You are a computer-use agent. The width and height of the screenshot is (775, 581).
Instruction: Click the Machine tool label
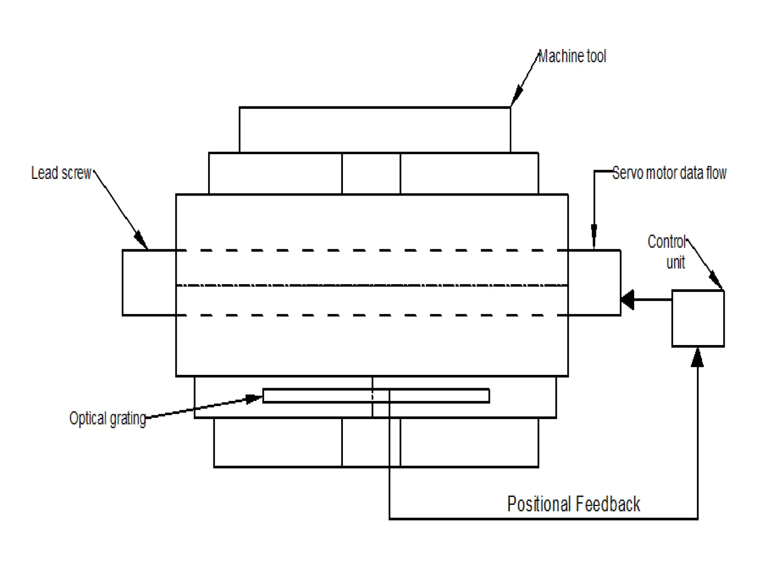pos(572,56)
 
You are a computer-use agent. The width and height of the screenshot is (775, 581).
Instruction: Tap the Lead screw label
pos(61,173)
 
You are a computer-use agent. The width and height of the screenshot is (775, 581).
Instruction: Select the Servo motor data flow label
pos(669,173)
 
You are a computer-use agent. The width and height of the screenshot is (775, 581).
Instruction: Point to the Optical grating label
pos(107,419)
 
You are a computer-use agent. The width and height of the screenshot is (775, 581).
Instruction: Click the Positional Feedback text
pos(573,504)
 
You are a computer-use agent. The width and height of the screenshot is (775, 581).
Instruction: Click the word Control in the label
pos(666,242)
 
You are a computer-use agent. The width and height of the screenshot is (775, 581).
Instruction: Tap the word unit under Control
pos(675,263)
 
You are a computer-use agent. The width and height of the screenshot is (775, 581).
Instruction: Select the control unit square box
pos(698,318)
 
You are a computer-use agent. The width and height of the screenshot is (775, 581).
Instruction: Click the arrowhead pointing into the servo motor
pos(628,300)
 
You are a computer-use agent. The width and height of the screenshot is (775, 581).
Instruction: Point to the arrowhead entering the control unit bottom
pos(697,357)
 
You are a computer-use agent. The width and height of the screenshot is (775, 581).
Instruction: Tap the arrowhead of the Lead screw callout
pos(140,239)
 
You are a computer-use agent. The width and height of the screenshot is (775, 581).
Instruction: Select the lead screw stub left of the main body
pos(149,283)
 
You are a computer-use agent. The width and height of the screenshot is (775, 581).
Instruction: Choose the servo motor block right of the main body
pos(594,283)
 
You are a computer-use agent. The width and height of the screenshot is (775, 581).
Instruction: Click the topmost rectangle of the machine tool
pos(375,130)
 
